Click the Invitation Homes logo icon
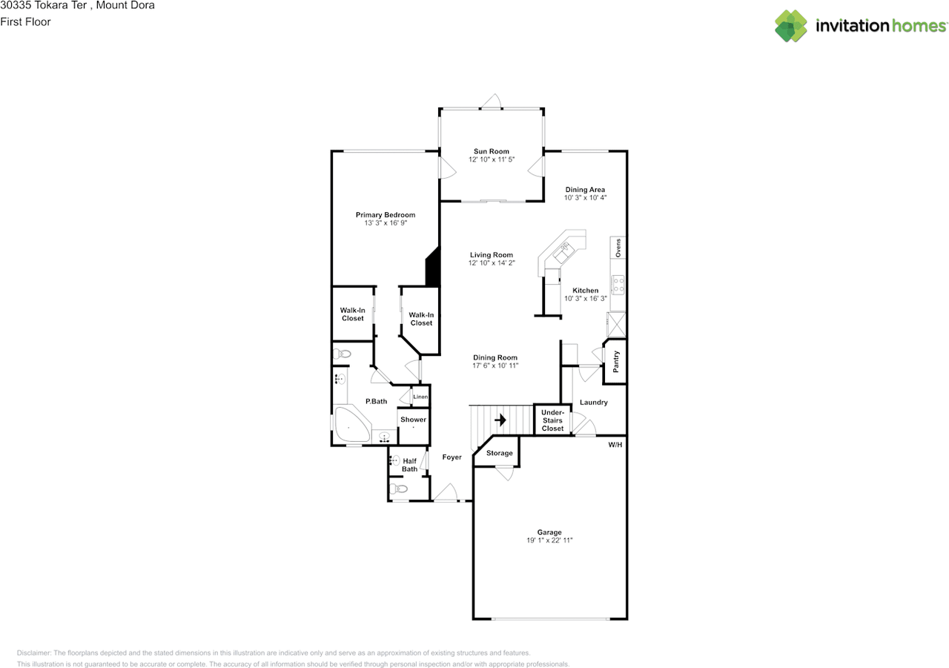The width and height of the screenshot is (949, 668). coord(791,25)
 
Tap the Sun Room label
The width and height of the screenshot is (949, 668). coord(491,151)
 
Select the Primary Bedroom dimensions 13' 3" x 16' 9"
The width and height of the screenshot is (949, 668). coord(385,223)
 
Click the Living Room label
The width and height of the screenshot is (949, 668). coord(491,255)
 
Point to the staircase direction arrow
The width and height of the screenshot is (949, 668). coord(500,420)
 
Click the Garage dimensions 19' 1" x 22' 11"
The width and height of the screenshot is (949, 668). coord(549,540)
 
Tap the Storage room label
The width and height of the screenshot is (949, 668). coord(499,453)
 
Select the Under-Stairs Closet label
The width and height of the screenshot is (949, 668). coord(552,420)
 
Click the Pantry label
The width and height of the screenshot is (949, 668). coord(615,362)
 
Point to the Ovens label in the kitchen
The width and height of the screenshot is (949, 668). coord(618,247)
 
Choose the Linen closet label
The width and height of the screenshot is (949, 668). coord(420,397)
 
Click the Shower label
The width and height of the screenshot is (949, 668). coord(413,420)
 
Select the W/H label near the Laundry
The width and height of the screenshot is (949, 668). coord(615,445)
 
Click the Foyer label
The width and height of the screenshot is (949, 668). coord(452,457)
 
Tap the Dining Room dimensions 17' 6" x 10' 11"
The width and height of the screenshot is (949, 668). coord(495,366)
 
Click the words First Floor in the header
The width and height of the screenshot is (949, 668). coord(25,22)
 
